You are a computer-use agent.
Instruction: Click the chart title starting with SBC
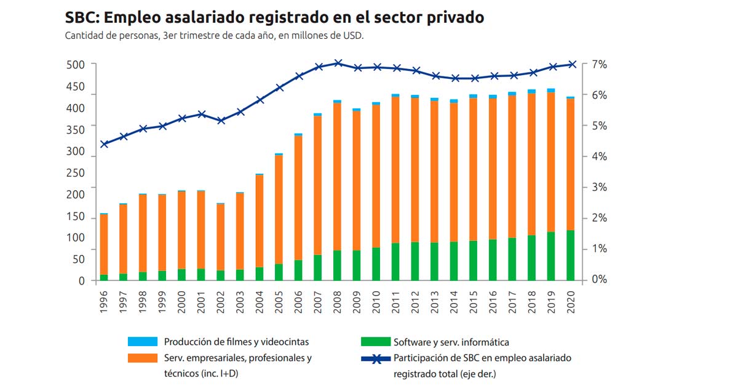coord(274,18)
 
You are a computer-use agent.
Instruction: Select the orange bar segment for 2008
coord(337,176)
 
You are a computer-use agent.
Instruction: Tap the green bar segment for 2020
coord(570,255)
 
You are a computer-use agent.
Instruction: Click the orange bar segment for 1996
coord(104,244)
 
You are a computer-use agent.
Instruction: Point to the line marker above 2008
coord(338,63)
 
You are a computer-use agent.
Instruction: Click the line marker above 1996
coord(105,144)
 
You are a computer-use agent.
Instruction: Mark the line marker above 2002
coord(221,121)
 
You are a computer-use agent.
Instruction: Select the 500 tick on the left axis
coord(77,65)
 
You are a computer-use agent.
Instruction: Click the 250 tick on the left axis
coord(77,173)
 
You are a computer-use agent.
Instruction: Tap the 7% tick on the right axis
coord(600,64)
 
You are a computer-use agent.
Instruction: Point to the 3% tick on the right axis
coord(600,187)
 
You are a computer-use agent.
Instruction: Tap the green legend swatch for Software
coord(375,342)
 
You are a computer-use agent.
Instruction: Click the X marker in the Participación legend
coord(375,358)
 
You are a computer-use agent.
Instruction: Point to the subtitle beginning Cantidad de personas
coord(214,35)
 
